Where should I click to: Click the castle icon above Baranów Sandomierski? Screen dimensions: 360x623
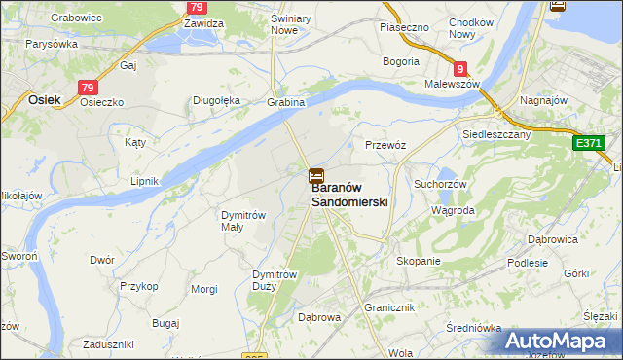[316, 177]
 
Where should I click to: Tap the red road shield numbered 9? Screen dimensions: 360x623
[460, 69]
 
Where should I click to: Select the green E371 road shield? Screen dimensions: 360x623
[588, 143]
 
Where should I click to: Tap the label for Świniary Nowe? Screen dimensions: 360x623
[271, 24]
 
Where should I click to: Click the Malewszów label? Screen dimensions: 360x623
[454, 85]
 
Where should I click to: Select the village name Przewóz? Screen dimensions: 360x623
[385, 144]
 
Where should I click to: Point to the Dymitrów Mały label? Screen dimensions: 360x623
[243, 220]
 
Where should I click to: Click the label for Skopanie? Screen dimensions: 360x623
[419, 261]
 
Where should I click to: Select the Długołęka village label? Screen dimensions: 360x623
[216, 100]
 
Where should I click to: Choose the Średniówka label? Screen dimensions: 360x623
[473, 327]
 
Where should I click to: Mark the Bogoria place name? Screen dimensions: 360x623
[401, 61]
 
